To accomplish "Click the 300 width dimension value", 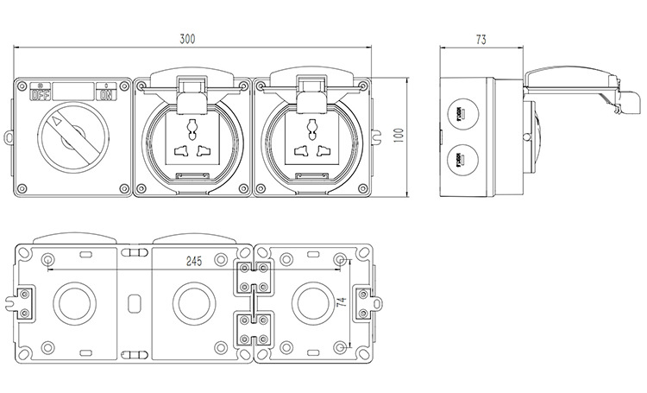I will tap(186, 39).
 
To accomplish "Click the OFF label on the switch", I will tap(41, 93).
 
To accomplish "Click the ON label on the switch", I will tap(106, 93).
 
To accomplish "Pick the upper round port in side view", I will tap(461, 112).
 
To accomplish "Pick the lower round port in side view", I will tap(461, 160).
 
